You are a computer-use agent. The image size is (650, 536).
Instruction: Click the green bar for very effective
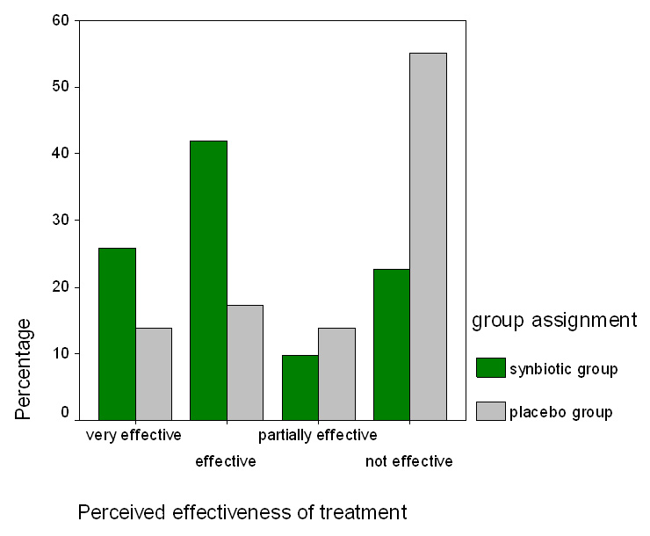pos(117,334)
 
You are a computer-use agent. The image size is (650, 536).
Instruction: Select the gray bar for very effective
pos(154,373)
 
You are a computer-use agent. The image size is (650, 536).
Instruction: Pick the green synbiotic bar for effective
pos(208,280)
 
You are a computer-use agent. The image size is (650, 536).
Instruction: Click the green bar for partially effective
pos(300,388)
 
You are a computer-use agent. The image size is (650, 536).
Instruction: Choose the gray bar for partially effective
pos(336,373)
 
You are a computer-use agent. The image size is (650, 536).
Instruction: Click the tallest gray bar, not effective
pos(428,236)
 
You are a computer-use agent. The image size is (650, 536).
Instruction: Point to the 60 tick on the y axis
pos(62,19)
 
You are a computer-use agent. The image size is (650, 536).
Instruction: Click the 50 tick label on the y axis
pos(62,86)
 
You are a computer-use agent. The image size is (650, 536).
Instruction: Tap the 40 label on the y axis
pos(62,153)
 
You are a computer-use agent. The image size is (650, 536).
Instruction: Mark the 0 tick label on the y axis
pos(65,412)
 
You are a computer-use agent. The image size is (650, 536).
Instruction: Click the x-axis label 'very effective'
pos(134,435)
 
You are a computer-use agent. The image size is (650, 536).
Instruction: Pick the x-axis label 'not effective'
pos(408,461)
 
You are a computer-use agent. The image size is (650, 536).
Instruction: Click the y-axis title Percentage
pos(24,368)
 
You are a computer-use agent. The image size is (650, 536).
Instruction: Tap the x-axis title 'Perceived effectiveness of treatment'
pos(242,511)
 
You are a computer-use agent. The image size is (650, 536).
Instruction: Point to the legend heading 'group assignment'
pos(554,320)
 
